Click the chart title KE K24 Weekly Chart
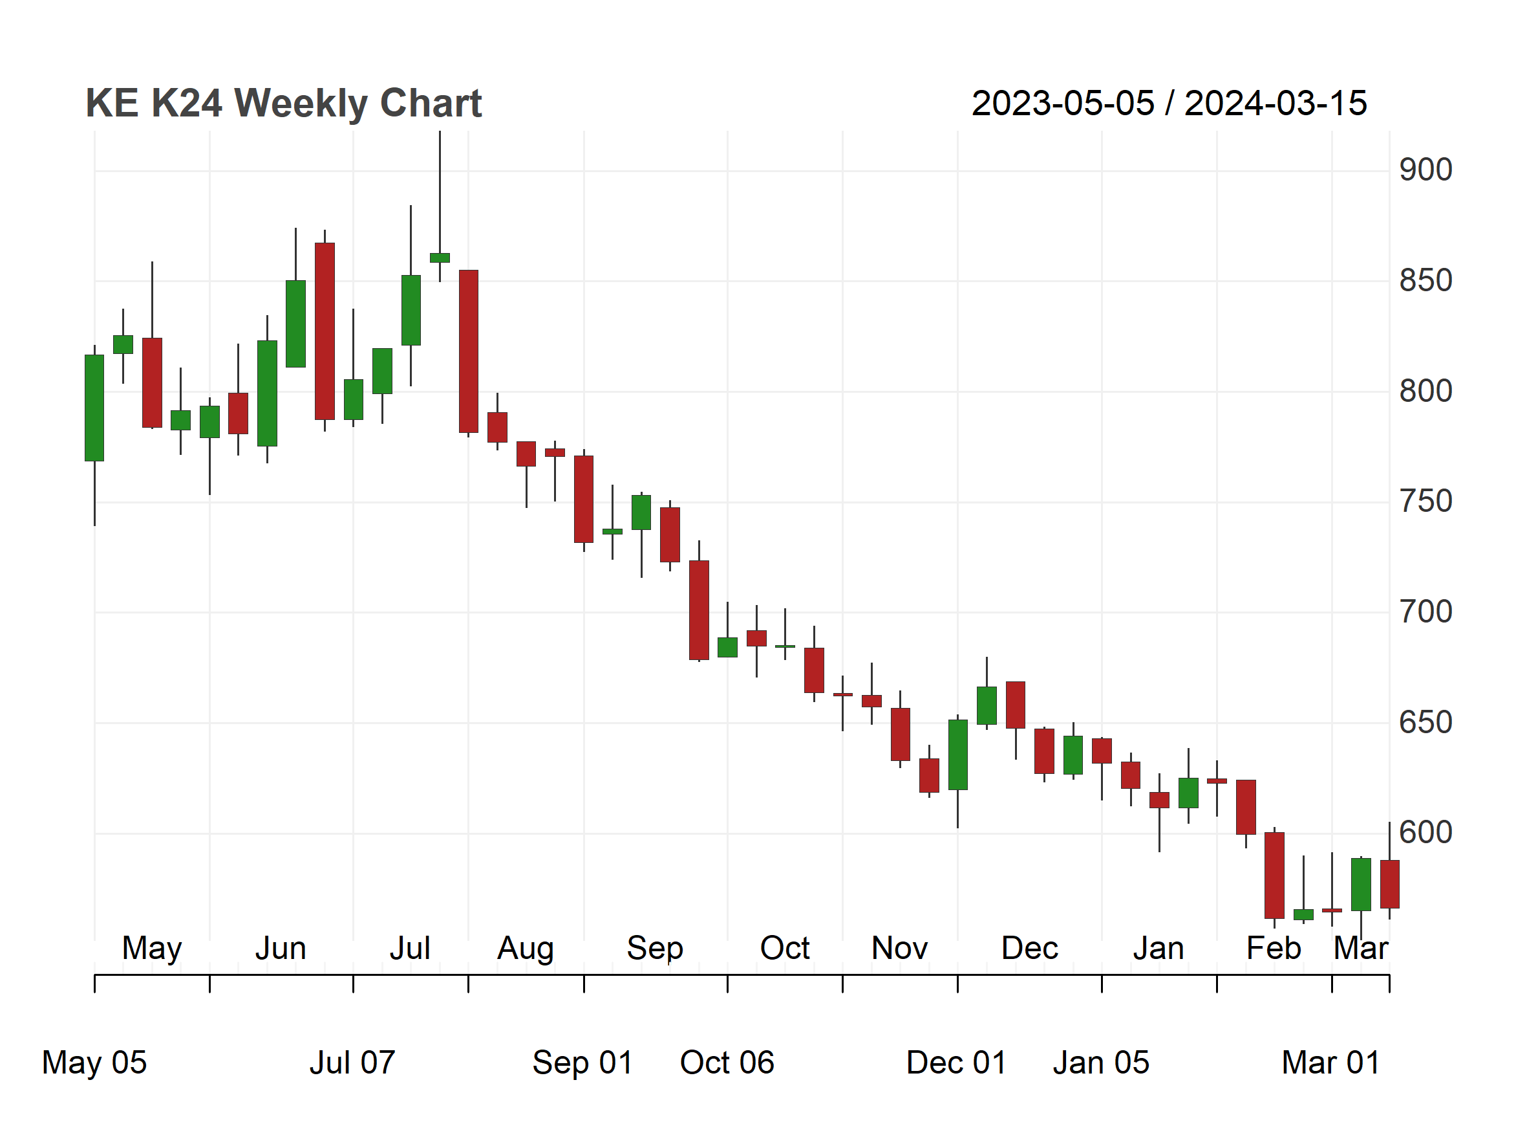pyautogui.click(x=283, y=104)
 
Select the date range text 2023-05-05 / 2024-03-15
pyautogui.click(x=1169, y=104)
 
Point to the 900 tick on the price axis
pyautogui.click(x=1426, y=170)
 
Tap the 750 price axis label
pyautogui.click(x=1426, y=501)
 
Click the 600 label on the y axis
pyautogui.click(x=1426, y=833)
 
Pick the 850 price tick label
pyautogui.click(x=1426, y=281)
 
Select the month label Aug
pyautogui.click(x=526, y=949)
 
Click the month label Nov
pyautogui.click(x=899, y=949)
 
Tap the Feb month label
pyautogui.click(x=1274, y=949)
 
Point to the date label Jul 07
pyautogui.click(x=352, y=1063)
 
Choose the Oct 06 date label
pyautogui.click(x=727, y=1063)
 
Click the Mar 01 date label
pyautogui.click(x=1331, y=1063)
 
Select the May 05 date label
pyautogui.click(x=94, y=1063)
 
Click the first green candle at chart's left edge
pyautogui.click(x=94, y=408)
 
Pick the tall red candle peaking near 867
pyautogui.click(x=325, y=331)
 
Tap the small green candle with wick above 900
pyautogui.click(x=440, y=258)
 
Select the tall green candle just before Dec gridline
pyautogui.click(x=957, y=755)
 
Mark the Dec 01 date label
pyautogui.click(x=957, y=1063)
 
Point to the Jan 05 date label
pyautogui.click(x=1101, y=1063)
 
